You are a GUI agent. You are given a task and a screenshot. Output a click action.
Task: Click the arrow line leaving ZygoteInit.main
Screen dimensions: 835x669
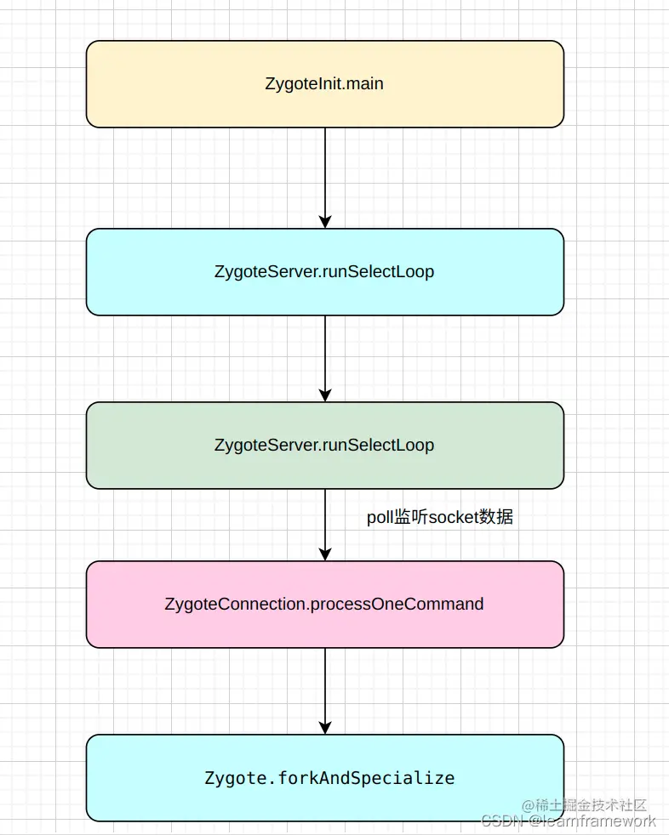324,170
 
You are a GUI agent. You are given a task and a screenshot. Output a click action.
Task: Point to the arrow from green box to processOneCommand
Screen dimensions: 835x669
324,519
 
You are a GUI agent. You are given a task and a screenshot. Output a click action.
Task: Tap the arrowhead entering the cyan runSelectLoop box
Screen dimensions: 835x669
324,221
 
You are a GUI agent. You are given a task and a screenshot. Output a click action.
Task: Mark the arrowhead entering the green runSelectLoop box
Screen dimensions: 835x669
324,395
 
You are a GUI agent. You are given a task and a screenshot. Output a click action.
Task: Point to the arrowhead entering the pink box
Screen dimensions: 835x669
324,554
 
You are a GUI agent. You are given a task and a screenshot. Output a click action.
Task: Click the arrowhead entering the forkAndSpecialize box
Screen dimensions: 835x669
324,727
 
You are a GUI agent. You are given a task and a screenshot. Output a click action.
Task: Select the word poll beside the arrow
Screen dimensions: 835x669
380,517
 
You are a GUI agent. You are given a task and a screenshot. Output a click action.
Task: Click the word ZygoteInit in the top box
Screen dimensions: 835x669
294,84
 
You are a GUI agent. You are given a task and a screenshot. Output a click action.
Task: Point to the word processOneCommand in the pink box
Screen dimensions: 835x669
397,604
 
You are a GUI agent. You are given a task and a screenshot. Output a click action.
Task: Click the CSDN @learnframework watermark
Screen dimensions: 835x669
569,821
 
